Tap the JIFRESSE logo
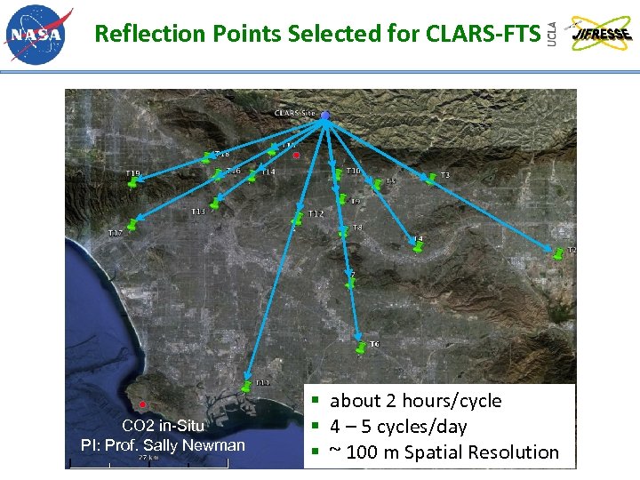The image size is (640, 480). pyautogui.click(x=602, y=34)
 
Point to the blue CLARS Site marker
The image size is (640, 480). pyautogui.click(x=326, y=116)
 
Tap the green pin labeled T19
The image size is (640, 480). pyautogui.click(x=132, y=181)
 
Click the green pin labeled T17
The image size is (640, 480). pyautogui.click(x=132, y=225)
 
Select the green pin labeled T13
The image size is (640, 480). pyautogui.click(x=213, y=204)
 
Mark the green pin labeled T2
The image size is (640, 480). pyautogui.click(x=557, y=253)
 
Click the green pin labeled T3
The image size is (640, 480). pyautogui.click(x=431, y=178)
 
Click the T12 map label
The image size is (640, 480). pyautogui.click(x=316, y=214)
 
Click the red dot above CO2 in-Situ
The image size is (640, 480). pyautogui.click(x=142, y=404)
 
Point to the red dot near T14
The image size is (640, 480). pyautogui.click(x=296, y=156)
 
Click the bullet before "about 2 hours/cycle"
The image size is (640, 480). pyautogui.click(x=317, y=401)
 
